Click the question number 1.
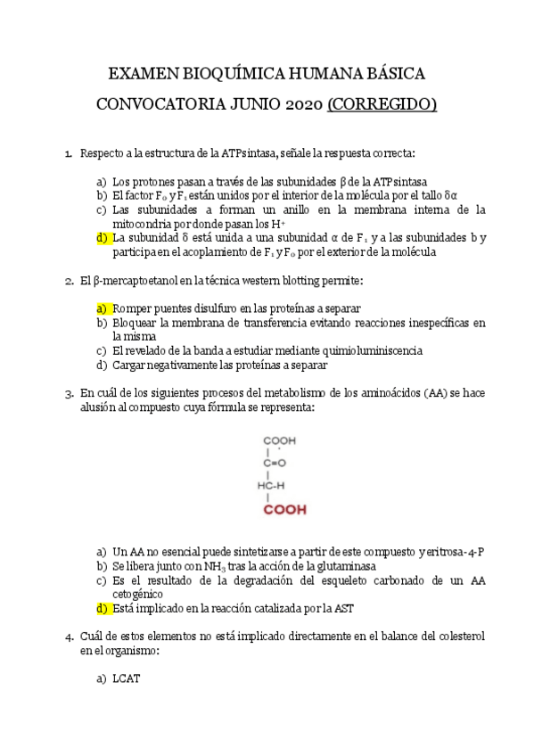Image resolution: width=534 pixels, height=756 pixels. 68,154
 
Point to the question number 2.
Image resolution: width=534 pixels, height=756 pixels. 68,282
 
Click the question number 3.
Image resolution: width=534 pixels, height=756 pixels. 68,392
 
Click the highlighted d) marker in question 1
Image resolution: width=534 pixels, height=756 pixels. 102,238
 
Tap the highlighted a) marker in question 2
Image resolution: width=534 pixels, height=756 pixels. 102,308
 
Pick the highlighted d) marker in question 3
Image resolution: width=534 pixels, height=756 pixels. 102,609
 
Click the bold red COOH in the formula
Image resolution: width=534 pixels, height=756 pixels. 283,511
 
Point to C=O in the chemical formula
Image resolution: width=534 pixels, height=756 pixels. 274,463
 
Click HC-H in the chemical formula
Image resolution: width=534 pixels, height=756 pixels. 271,486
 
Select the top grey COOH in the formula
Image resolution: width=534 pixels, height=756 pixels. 279,440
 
